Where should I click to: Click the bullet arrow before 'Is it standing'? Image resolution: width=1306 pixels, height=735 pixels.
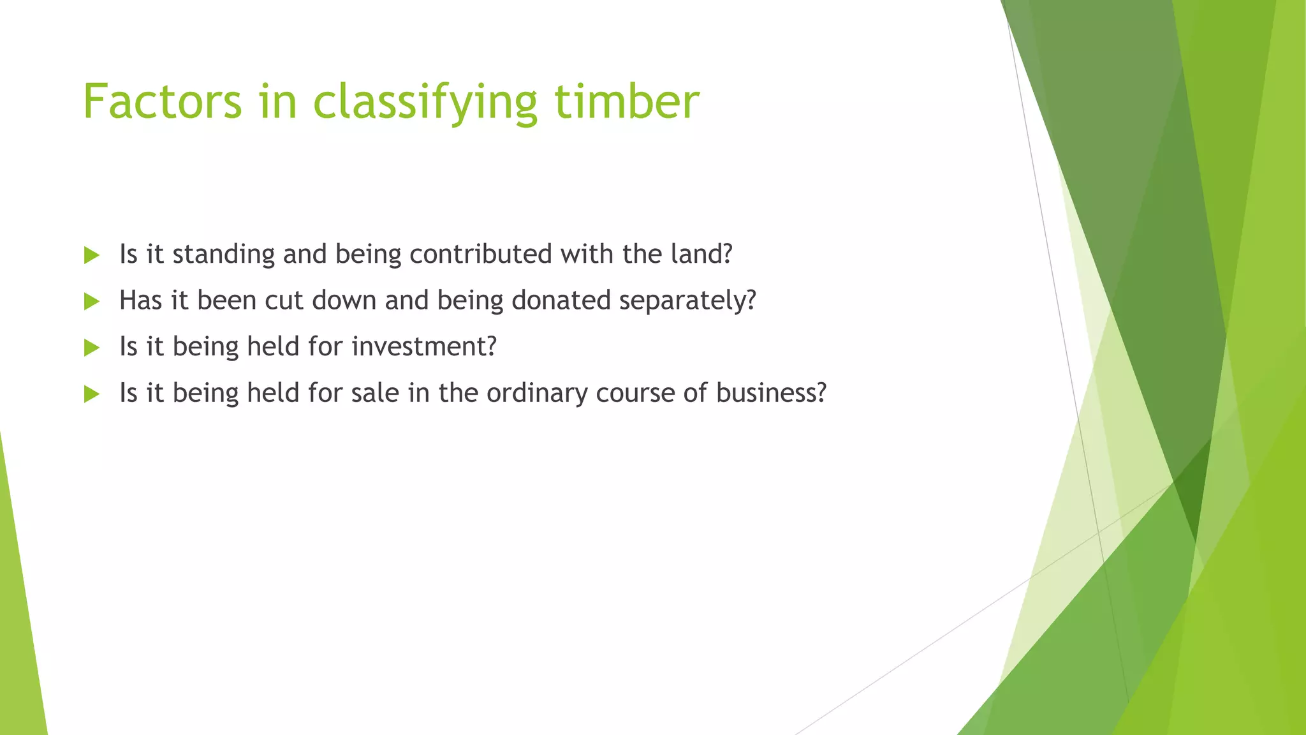pyautogui.click(x=92, y=255)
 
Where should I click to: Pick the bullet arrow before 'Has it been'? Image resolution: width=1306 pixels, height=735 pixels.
pyautogui.click(x=92, y=301)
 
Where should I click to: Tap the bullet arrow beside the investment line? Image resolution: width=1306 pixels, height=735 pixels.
pyautogui.click(x=92, y=348)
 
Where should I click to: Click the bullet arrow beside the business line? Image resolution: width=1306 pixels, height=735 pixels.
pyautogui.click(x=92, y=394)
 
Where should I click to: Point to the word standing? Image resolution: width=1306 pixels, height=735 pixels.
pyautogui.click(x=223, y=255)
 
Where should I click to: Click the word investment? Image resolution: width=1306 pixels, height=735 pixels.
pyautogui.click(x=423, y=346)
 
